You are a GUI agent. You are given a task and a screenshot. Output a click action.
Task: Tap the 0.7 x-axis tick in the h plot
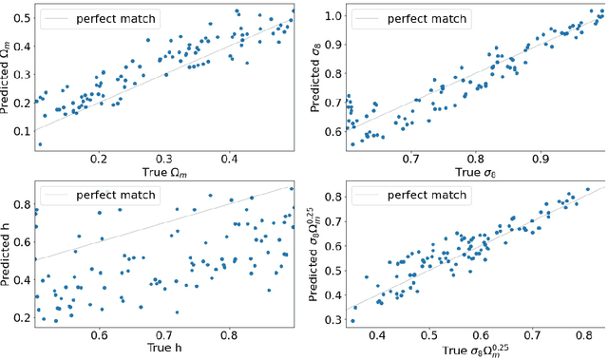(x=164, y=334)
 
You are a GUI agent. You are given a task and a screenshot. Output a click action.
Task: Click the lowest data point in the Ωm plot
(x=40, y=144)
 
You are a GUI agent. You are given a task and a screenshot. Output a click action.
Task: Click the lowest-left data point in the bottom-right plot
(x=353, y=321)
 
